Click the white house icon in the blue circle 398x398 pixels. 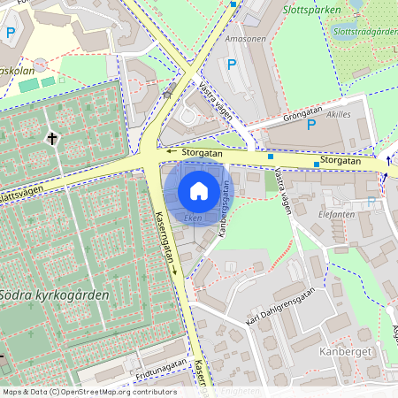coord(199,190)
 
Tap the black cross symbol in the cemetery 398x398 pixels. coord(52,138)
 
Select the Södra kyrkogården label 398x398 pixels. coord(54,295)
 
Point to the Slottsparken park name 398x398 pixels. coord(310,12)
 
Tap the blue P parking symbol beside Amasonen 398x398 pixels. coord(232,64)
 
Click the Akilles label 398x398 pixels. coord(339,114)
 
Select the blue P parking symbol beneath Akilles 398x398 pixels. coord(310,125)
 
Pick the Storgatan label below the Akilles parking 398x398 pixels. coord(341,161)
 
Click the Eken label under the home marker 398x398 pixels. coord(194,217)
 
